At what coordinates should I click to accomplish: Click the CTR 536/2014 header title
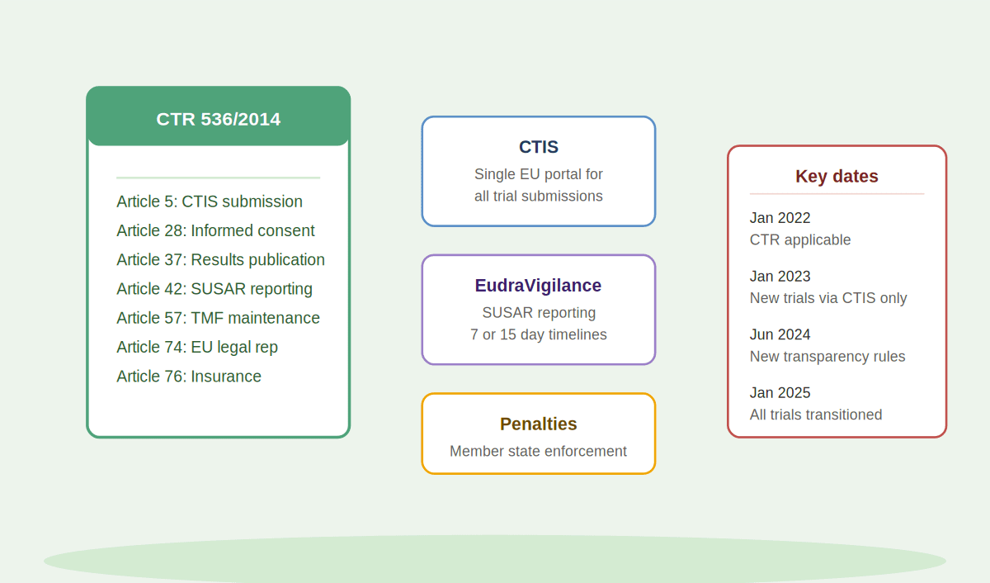[x=219, y=119]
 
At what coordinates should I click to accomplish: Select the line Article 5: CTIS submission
[x=210, y=201]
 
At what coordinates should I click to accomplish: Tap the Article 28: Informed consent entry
[x=215, y=230]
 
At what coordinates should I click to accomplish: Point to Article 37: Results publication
[x=220, y=259]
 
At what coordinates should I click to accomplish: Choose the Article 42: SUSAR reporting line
[x=214, y=289]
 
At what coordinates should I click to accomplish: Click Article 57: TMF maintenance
[x=218, y=318]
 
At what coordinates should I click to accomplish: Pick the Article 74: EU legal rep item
[x=197, y=347]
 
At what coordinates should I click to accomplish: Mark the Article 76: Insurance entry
[x=189, y=376]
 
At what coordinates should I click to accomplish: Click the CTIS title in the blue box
[x=538, y=147]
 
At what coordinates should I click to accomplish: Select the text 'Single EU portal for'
[x=538, y=174]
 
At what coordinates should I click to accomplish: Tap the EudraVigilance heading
[x=538, y=286]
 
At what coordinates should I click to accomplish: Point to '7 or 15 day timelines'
[x=538, y=334]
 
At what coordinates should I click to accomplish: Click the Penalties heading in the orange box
[x=538, y=424]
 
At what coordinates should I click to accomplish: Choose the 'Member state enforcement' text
[x=538, y=451]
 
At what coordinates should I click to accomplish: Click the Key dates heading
[x=837, y=176]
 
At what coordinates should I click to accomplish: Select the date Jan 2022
[x=780, y=218]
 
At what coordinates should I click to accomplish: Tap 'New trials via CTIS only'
[x=828, y=298]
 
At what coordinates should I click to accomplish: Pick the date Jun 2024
[x=780, y=334]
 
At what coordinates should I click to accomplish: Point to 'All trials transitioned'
[x=816, y=415]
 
